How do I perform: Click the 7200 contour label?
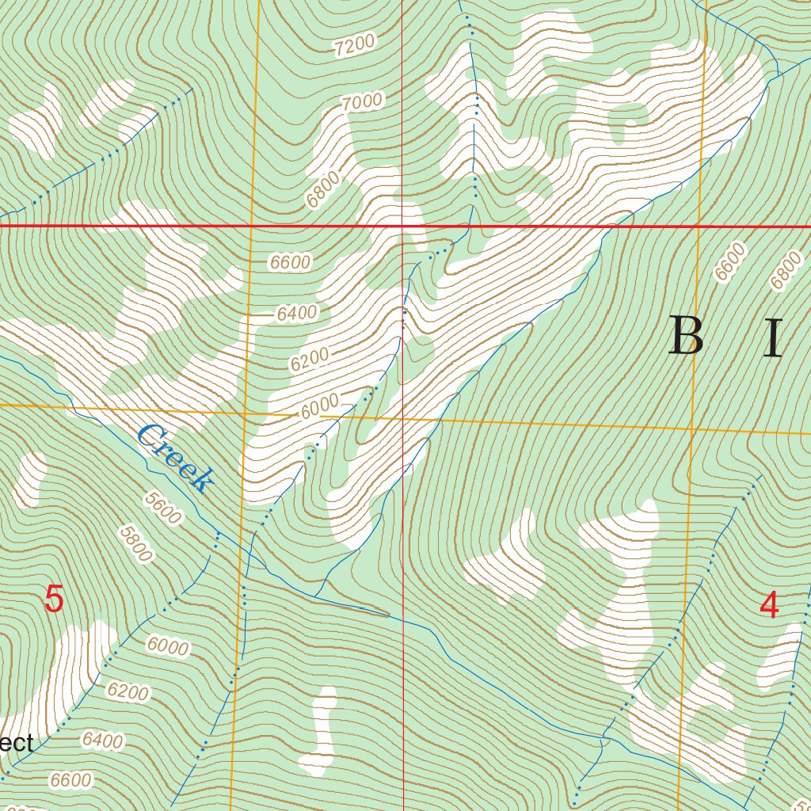click(354, 47)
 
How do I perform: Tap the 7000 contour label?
click(363, 101)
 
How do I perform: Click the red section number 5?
click(53, 600)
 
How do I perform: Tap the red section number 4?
click(768, 606)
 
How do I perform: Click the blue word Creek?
click(176, 458)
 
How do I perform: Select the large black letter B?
click(686, 337)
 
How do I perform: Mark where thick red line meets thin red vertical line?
click(402, 226)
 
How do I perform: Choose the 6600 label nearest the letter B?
click(730, 262)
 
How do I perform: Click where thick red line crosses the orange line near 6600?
click(250, 226)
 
